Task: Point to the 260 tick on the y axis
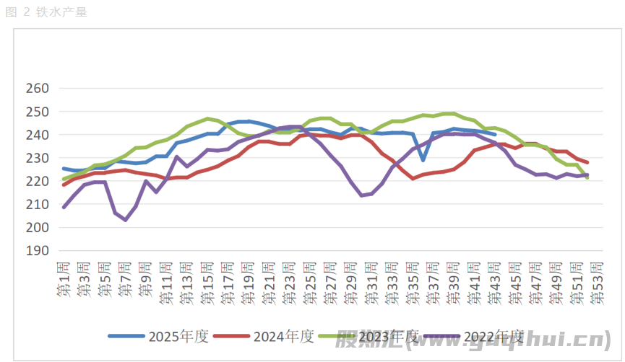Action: pos(37,89)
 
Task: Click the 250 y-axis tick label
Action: pos(37,112)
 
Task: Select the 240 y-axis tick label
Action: pos(37,135)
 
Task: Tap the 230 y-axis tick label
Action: pos(37,158)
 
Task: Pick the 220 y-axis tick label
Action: pos(37,181)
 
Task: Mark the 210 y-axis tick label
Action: pos(37,204)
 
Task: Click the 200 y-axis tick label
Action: pos(37,227)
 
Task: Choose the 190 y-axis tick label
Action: pos(37,250)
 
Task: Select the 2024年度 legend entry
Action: pos(283,336)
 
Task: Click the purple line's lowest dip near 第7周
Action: pos(126,220)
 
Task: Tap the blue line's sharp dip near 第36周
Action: pos(423,160)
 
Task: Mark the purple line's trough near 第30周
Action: pos(361,195)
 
